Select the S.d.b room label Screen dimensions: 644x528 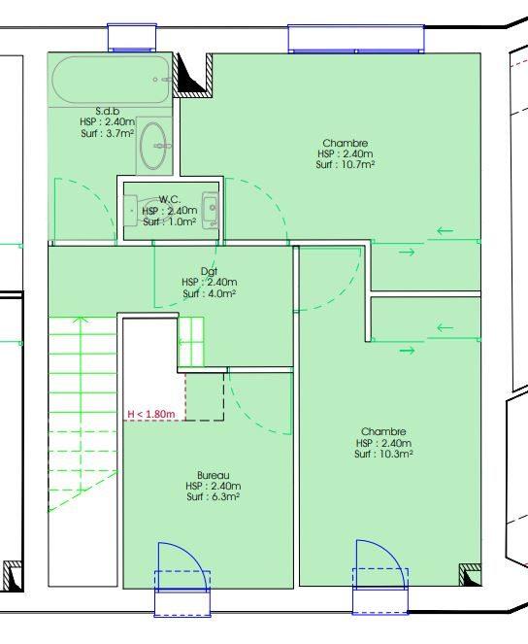click(x=107, y=111)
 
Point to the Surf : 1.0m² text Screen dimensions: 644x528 click(x=169, y=222)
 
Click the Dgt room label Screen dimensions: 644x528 click(x=209, y=271)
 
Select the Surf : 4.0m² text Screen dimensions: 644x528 click(x=209, y=293)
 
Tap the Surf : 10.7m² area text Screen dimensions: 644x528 click(x=345, y=165)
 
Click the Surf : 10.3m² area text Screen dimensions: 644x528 click(x=383, y=454)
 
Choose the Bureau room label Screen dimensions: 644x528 click(x=214, y=475)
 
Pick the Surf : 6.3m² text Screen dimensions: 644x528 click(x=214, y=496)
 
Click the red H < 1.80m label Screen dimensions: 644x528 click(x=151, y=415)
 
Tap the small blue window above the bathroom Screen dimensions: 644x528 click(x=131, y=38)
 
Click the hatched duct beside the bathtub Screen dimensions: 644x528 click(x=192, y=75)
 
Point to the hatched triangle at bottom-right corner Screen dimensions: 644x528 click(x=470, y=577)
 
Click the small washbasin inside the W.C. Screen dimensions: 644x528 click(x=209, y=209)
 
